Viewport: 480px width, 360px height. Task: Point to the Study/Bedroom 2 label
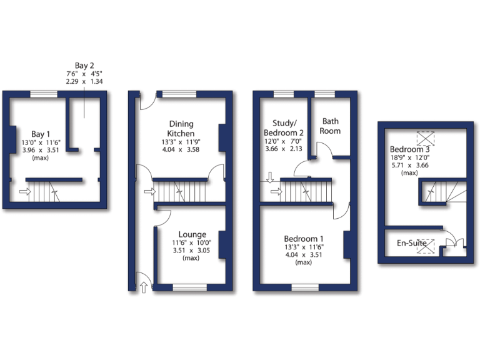(283, 127)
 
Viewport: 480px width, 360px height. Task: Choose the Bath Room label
(330, 126)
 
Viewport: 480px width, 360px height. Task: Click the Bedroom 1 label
(304, 239)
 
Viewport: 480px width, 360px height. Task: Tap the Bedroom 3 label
(409, 150)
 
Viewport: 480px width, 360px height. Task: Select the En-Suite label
(412, 243)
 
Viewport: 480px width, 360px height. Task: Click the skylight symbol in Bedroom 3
(425, 138)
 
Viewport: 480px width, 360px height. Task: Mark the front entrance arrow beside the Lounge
(145, 287)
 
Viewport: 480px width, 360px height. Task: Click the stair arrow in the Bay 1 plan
(24, 191)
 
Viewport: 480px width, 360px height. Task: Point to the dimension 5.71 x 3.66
(409, 166)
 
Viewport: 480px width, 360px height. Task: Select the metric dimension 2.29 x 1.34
(84, 81)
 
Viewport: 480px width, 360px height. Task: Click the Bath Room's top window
(325, 94)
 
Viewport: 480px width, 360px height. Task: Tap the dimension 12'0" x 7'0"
(283, 142)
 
